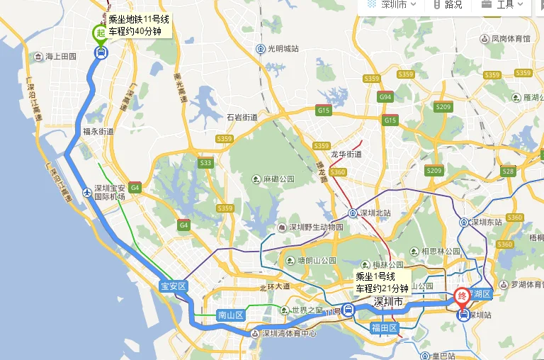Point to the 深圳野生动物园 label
(x=314, y=227)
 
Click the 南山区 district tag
(x=230, y=315)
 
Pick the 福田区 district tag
(x=385, y=328)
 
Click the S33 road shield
(x=205, y=163)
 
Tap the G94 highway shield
(x=385, y=96)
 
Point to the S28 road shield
(x=507, y=171)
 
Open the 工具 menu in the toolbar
(x=504, y=5)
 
